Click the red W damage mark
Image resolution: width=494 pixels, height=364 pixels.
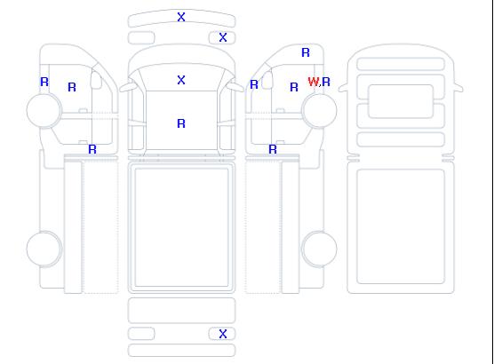(x=313, y=82)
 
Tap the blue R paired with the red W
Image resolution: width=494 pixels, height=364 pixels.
(x=326, y=82)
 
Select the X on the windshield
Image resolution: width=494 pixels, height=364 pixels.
(x=181, y=80)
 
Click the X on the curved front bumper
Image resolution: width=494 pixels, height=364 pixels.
(x=181, y=17)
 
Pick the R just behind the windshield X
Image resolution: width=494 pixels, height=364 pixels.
(x=181, y=123)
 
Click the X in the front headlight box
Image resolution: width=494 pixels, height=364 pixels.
(x=223, y=37)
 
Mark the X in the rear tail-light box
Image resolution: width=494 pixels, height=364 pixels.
(x=223, y=334)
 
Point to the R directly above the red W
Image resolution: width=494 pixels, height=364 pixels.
(x=306, y=52)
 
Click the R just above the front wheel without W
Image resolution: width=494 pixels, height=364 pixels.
(x=44, y=82)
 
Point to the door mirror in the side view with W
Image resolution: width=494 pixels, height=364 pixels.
(x=267, y=80)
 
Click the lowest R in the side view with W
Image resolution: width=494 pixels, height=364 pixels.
(x=273, y=149)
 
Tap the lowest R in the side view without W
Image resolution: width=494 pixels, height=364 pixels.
(x=92, y=149)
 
